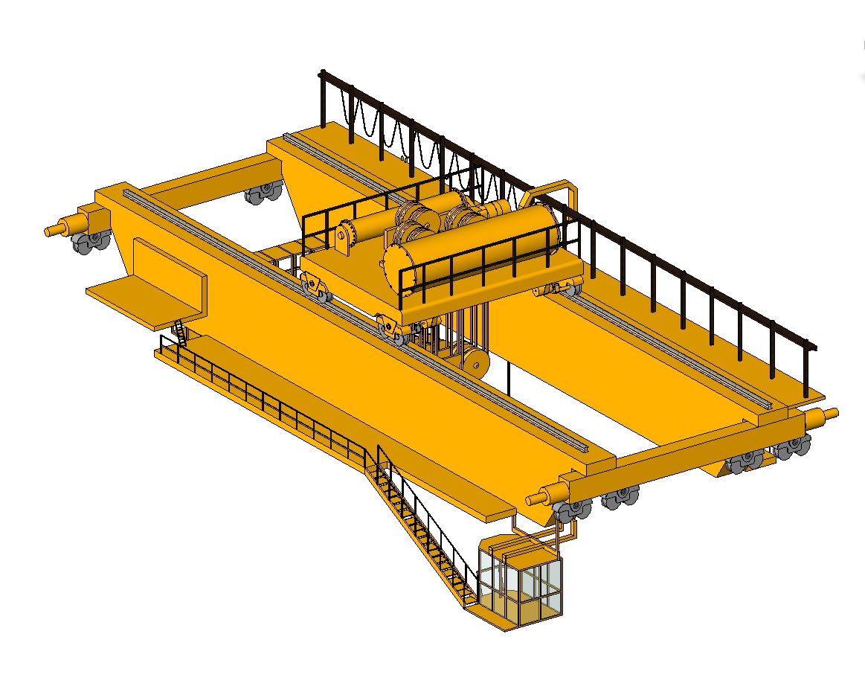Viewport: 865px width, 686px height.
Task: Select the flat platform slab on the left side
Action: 141,298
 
